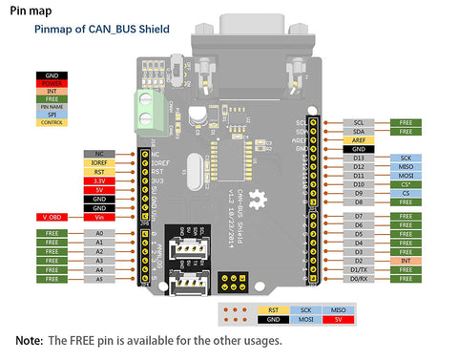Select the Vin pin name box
tap(99, 217)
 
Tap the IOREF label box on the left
tap(99, 163)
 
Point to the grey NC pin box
tap(99, 153)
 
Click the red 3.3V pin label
tap(99, 180)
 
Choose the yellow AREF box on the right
tap(358, 140)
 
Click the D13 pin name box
tap(358, 158)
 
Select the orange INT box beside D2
tap(406, 261)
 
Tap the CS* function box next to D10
tap(406, 184)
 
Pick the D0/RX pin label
tap(358, 279)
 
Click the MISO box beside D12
tap(406, 167)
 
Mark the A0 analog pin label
tap(99, 233)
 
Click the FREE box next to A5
tap(52, 279)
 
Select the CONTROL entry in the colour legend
tap(52, 122)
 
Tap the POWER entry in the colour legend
tap(52, 82)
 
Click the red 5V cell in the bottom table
tap(339, 320)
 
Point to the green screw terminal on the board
tap(150, 104)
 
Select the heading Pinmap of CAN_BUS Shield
tap(101, 30)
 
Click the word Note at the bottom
tap(29, 341)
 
